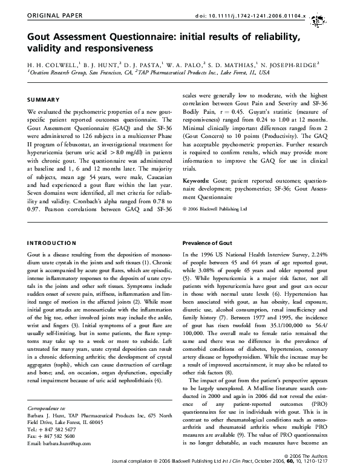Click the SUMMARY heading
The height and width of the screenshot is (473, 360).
point(44,99)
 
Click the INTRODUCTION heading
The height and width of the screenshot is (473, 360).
point(53,243)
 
